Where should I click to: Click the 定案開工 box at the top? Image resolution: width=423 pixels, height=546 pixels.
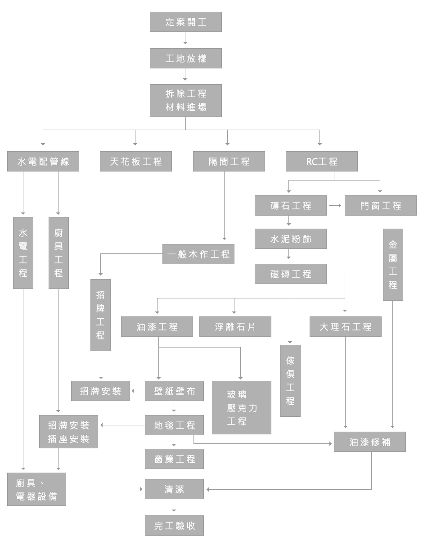point(185,22)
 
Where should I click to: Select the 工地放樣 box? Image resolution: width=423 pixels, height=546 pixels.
point(185,59)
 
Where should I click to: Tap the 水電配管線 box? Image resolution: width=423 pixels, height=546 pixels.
point(43,162)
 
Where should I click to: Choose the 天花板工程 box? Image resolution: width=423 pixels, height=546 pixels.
point(136,162)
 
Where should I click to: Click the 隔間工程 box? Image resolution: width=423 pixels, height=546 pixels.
point(229,162)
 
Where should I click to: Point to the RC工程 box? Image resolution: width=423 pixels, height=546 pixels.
point(322,162)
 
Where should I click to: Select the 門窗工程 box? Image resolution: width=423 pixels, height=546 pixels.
point(381,206)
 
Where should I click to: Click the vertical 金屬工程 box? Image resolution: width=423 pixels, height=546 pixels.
point(393,265)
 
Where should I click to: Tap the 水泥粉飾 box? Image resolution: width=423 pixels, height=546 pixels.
point(290,239)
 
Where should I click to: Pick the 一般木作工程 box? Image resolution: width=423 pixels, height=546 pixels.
point(198,254)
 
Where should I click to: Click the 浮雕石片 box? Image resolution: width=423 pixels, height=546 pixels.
point(235,327)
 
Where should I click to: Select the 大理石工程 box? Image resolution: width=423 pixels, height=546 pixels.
point(346,327)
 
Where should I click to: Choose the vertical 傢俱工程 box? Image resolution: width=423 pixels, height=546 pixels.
point(290,381)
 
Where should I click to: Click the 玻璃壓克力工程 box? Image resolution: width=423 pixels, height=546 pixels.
point(242,408)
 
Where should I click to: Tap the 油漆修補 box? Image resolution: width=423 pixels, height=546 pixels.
point(370,442)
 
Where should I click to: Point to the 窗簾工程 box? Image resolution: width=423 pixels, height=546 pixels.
point(174,459)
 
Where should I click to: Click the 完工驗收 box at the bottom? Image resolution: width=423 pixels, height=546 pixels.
point(174,526)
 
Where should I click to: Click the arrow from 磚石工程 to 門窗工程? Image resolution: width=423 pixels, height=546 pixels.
point(335,205)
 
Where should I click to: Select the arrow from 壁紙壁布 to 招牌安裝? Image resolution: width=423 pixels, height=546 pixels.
point(137,391)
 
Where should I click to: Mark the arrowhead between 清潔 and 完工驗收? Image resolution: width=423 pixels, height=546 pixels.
point(174,510)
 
